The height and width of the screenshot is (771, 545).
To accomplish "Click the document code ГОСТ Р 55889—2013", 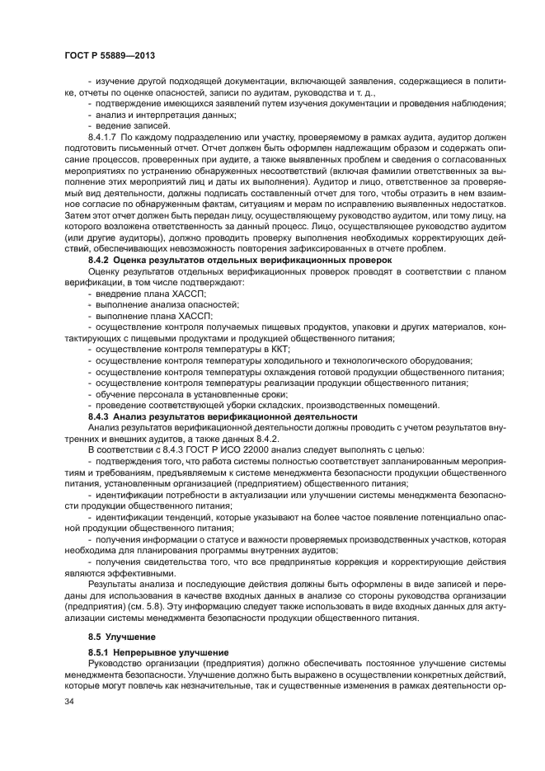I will click(x=110, y=54).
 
